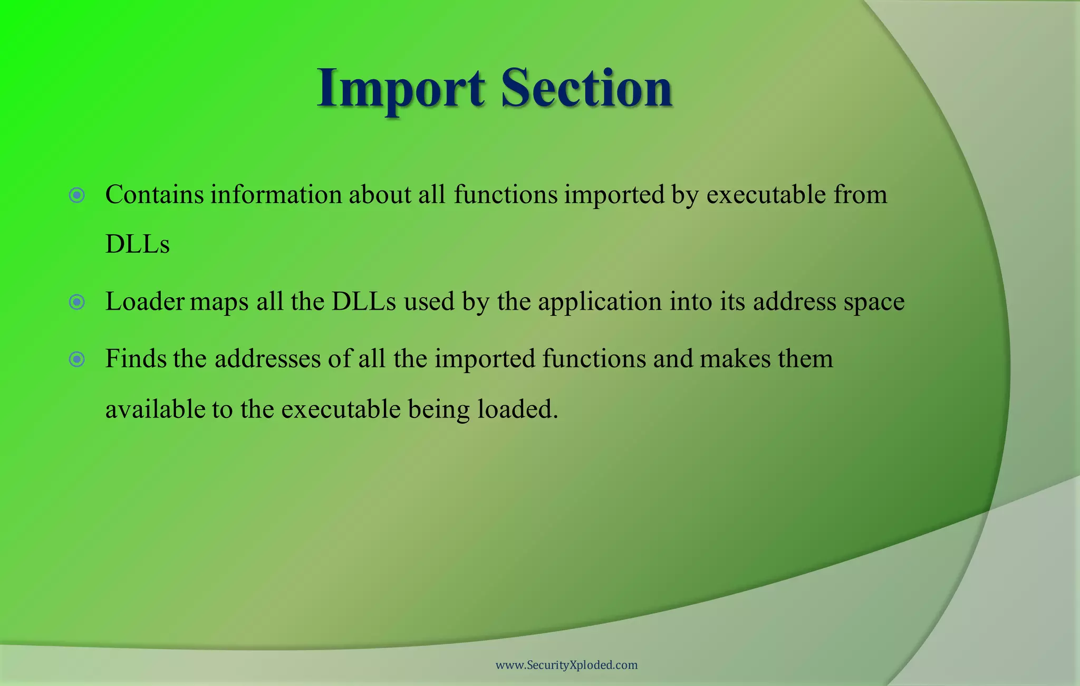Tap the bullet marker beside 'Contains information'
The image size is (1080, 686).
77,196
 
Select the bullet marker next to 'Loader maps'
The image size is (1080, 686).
77,302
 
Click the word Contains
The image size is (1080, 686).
155,195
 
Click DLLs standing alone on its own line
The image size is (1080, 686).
137,244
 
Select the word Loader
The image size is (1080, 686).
145,302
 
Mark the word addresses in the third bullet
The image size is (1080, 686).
267,359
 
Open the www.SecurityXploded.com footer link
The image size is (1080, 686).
566,665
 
